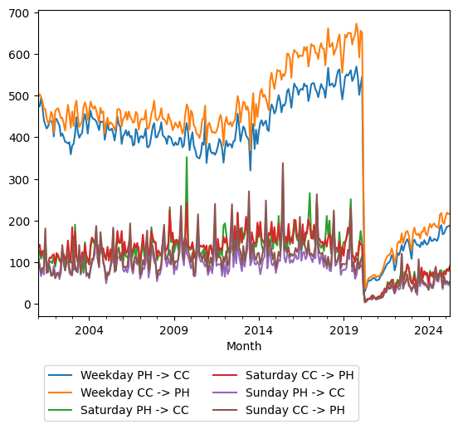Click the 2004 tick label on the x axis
point(89,330)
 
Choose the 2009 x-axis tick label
point(173,330)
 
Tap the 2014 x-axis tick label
point(258,330)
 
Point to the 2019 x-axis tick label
point(343,330)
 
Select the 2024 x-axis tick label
point(428,330)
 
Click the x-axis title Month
point(244,346)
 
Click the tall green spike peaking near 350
point(186,158)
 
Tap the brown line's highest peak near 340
point(282,163)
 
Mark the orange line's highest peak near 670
point(357,25)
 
